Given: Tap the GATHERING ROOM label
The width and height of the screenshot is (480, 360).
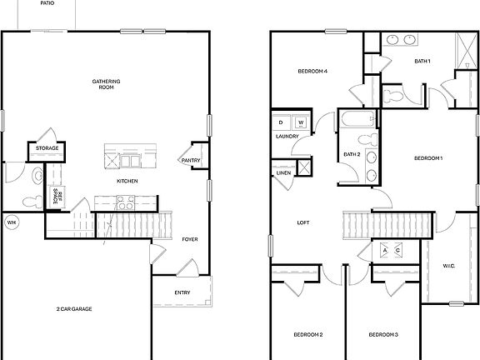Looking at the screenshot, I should coord(106,84).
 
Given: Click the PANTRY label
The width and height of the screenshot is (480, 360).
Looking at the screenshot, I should coord(190,161).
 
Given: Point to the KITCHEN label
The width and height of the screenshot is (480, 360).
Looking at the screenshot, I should coord(127,181).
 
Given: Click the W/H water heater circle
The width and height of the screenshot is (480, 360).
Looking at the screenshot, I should coord(12,222).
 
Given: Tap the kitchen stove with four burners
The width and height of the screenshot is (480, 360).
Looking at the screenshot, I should coord(124,201).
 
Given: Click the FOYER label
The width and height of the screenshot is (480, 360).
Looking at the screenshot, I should coord(190,239).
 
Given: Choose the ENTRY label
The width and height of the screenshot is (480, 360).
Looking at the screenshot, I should coord(182,292).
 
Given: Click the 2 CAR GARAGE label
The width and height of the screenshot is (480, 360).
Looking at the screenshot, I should coord(74,309).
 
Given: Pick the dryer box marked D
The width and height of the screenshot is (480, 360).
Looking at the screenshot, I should coord(283,123).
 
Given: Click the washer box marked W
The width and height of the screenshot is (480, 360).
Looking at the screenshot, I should coord(300,123).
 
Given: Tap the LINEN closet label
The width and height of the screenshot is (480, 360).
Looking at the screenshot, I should coord(282,173).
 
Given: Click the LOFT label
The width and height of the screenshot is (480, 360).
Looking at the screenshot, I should coord(304,222).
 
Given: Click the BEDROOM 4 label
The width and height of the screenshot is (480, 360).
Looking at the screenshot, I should coord(312,72).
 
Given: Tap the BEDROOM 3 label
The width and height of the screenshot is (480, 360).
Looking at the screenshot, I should coord(383,335).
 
